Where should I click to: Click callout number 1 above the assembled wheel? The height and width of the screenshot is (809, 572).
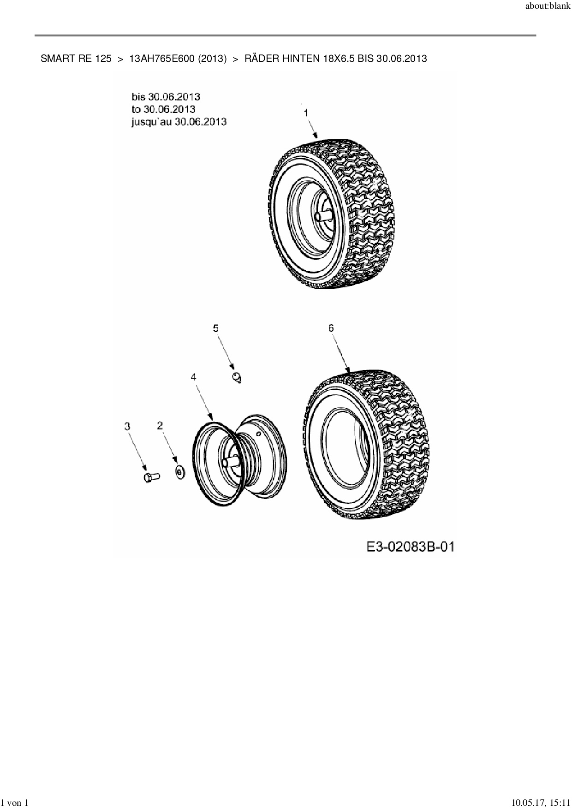tap(305, 113)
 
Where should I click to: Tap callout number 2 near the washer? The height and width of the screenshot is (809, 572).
tap(160, 425)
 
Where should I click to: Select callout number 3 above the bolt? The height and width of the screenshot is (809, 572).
tap(128, 426)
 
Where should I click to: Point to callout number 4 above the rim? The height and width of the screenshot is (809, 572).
tap(194, 377)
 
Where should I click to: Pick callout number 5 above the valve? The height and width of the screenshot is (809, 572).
tap(215, 328)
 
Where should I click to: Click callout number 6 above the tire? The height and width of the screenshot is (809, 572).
tap(331, 328)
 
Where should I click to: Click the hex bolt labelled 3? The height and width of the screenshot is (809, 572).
tap(150, 477)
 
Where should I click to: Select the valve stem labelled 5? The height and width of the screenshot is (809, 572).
tap(237, 378)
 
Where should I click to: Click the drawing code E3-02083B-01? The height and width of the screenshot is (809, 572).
tap(410, 547)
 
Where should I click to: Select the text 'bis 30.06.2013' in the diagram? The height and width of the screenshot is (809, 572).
tap(166, 96)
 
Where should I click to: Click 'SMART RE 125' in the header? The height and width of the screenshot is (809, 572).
tap(76, 59)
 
